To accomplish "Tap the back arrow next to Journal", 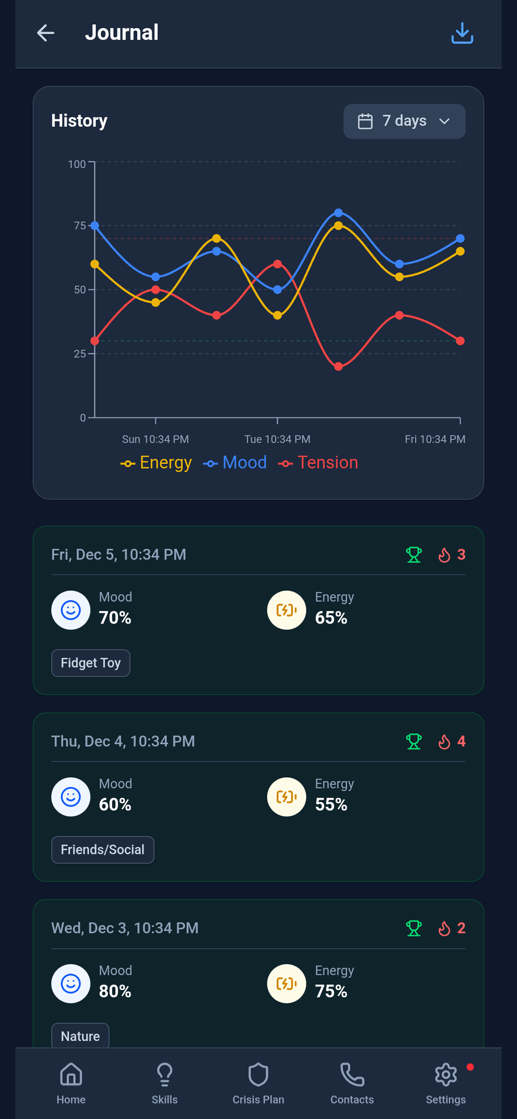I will click(x=45, y=33).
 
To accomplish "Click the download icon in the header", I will click(x=462, y=33).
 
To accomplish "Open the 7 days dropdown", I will click(x=404, y=121).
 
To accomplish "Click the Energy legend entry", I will click(x=157, y=463).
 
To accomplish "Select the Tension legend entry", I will click(x=318, y=463).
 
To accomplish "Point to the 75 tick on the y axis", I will click(x=80, y=226).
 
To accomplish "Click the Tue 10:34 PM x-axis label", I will click(x=277, y=439).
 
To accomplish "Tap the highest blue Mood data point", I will click(x=338, y=213).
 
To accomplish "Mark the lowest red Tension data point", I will click(x=338, y=367).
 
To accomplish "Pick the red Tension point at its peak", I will click(x=278, y=264).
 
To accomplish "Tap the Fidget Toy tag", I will click(x=91, y=663).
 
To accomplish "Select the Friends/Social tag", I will click(x=102, y=850).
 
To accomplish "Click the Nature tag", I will click(x=80, y=1036).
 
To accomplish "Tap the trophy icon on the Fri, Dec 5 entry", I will click(x=414, y=555).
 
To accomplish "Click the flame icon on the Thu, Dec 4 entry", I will click(x=444, y=741).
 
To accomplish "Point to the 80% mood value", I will click(x=115, y=991).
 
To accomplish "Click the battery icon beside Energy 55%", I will click(x=287, y=797).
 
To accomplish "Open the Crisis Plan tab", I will click(x=258, y=1082).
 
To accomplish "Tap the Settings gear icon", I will click(x=446, y=1075).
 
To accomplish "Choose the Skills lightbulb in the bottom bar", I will click(x=165, y=1075).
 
